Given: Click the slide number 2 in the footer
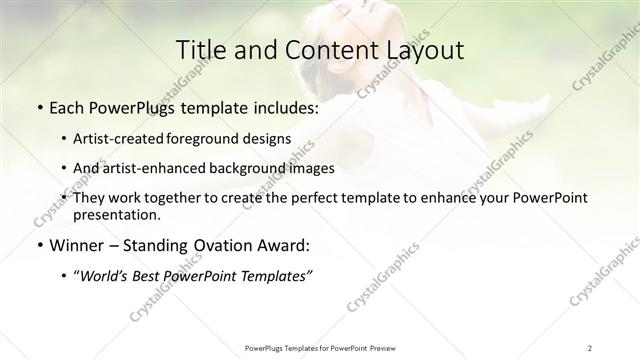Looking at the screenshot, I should (x=590, y=347).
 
